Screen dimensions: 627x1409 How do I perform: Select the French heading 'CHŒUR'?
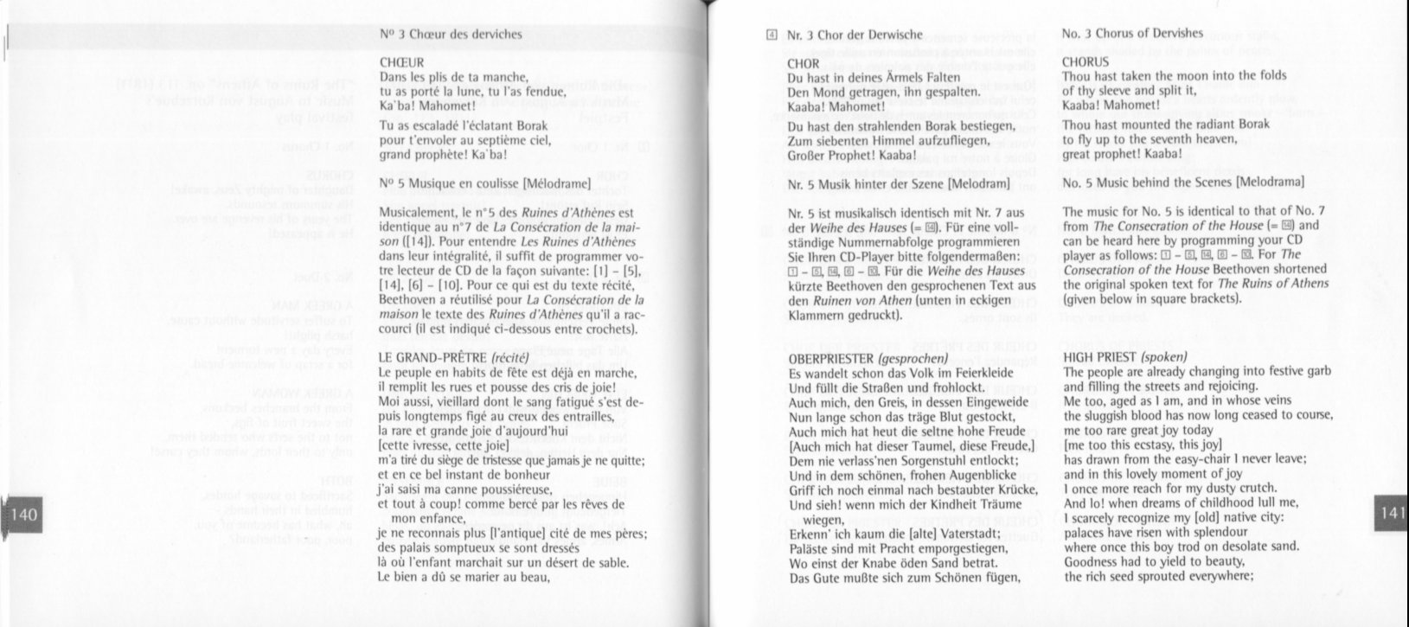[x=401, y=62]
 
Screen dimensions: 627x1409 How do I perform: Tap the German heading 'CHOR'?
[x=804, y=63]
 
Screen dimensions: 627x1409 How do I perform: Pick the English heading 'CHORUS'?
[x=1085, y=62]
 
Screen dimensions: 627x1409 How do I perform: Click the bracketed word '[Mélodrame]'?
[x=556, y=182]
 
